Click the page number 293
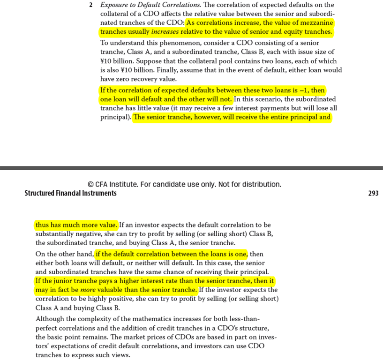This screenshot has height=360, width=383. pos(373,193)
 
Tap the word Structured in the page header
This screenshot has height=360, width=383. pos(40,193)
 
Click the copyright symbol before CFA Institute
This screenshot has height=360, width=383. pos(90,184)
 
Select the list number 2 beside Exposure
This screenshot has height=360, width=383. pos(90,5)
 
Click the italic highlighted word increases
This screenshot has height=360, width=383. pos(165,32)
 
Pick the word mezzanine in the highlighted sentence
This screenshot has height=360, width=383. pos(315,23)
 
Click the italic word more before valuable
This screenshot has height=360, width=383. pos(88,290)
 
